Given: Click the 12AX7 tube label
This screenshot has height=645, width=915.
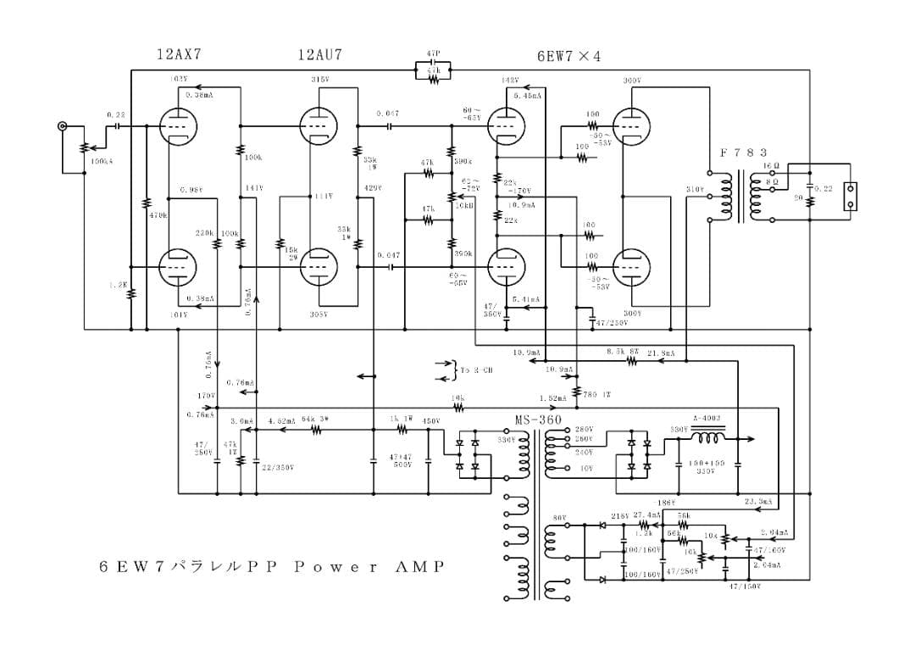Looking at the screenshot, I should [x=179, y=54].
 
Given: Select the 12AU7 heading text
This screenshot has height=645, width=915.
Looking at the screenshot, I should [x=320, y=54].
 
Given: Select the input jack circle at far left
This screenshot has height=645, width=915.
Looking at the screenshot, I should [x=62, y=126].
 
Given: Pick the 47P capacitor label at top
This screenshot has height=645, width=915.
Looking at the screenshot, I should [x=433, y=54].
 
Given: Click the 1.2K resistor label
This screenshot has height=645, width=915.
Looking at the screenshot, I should [x=118, y=286].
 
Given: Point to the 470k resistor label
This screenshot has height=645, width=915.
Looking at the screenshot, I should [x=158, y=215].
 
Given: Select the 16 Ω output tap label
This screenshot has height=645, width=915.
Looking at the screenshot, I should [x=771, y=165].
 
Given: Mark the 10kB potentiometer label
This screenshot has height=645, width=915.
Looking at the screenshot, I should [x=464, y=205].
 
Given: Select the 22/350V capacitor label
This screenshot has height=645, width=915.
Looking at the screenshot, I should [x=278, y=467].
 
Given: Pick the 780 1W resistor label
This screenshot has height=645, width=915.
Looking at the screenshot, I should [x=596, y=394].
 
